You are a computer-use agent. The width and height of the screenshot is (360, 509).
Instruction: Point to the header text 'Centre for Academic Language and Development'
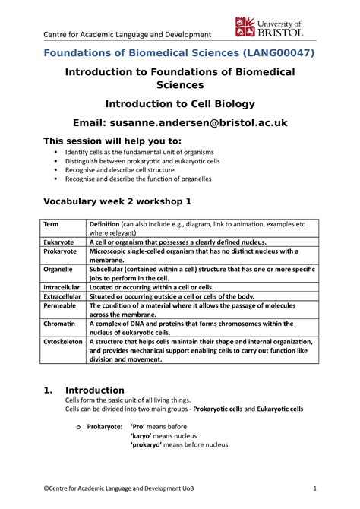pyautogui.click(x=115, y=35)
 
